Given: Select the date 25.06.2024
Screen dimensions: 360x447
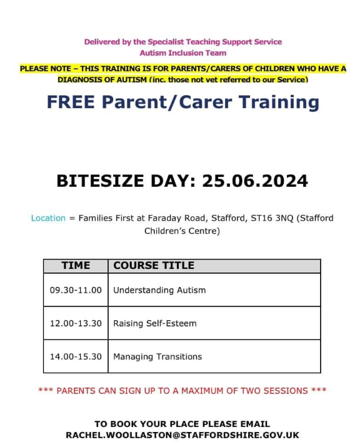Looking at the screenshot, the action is point(254,181).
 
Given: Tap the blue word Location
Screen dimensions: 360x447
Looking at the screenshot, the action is point(48,218).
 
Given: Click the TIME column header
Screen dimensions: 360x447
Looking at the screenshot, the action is point(76,266).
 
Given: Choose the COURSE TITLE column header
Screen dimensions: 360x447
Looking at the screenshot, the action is point(154,266).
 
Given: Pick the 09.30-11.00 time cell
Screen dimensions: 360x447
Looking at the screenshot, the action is point(76,290).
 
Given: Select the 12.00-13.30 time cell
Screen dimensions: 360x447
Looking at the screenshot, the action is point(76,323).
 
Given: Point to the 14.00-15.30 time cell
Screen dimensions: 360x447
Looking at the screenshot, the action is point(76,356).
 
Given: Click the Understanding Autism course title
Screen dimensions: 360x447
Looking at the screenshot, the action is point(159,290).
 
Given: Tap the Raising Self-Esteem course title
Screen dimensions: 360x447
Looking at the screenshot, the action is point(155,323).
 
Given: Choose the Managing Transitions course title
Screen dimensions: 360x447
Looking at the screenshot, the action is point(157,356).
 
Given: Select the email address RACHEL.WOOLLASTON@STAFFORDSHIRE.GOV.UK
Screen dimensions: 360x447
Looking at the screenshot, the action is point(182,435).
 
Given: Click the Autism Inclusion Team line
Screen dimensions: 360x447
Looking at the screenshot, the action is point(183,53).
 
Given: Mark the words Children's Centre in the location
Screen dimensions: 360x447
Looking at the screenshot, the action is point(182,231).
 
